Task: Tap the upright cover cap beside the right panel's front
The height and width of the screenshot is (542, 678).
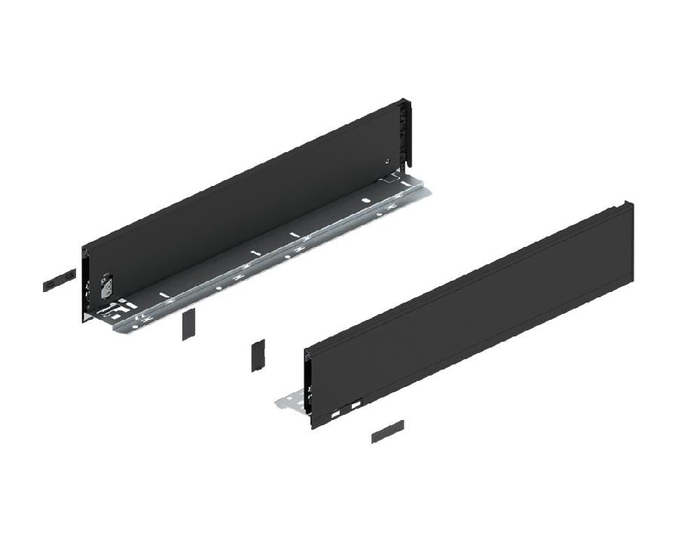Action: pyautogui.click(x=258, y=356)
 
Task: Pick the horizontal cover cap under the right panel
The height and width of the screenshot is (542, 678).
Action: pyautogui.click(x=387, y=431)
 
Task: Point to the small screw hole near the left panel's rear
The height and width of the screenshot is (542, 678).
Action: pyautogui.click(x=386, y=160)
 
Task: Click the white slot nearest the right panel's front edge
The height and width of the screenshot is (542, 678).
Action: pyautogui.click(x=333, y=414)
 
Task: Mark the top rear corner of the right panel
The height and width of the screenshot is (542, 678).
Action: pyautogui.click(x=631, y=203)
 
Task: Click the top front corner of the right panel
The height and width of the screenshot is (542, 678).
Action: pyautogui.click(x=307, y=350)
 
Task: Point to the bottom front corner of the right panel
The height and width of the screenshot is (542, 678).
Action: pyautogui.click(x=312, y=427)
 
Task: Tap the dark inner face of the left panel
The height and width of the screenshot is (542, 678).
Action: pyautogui.click(x=241, y=196)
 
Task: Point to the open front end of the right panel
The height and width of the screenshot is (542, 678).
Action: pyautogui.click(x=307, y=388)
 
